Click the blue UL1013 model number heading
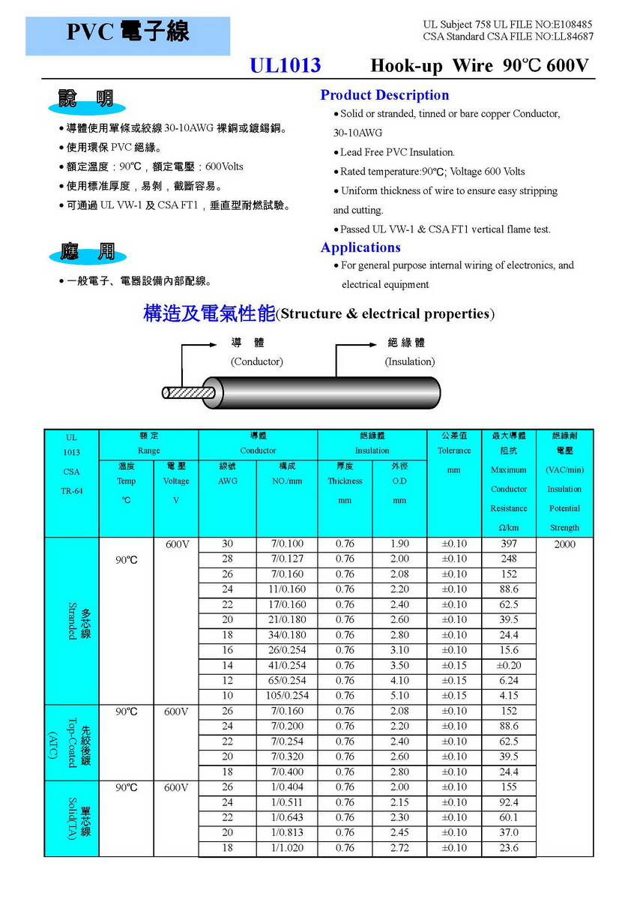(285, 66)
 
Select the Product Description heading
(384, 95)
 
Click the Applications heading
(360, 247)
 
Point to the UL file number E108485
(570, 25)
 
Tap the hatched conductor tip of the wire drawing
(187, 392)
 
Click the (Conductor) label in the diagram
(257, 361)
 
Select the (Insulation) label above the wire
(410, 361)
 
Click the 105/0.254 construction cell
(288, 696)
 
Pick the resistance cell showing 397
(509, 544)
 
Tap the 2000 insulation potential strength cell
(565, 544)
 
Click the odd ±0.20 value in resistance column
(509, 666)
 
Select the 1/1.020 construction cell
(288, 848)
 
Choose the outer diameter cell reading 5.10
(400, 696)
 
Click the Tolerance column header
(454, 451)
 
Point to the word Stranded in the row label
(73, 621)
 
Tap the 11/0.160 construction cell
(288, 589)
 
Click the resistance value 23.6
(509, 848)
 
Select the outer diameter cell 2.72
(400, 848)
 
